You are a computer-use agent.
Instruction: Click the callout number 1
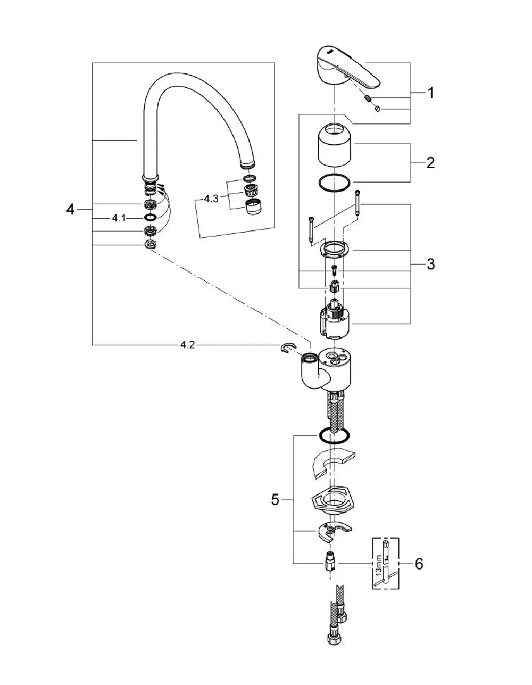point(430,93)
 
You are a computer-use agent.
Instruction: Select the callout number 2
point(430,163)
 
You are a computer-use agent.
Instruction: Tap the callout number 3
point(430,264)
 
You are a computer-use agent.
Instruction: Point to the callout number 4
point(70,209)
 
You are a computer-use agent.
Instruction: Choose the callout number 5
point(275,499)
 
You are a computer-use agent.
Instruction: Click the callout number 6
point(419,564)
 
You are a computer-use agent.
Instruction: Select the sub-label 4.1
point(119,218)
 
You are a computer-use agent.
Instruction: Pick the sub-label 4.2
point(187,345)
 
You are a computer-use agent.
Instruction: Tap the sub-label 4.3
point(211,199)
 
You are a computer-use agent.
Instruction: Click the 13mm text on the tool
point(379,565)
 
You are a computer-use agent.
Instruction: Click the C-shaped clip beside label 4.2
point(288,348)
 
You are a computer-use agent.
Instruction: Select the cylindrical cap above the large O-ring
point(335,145)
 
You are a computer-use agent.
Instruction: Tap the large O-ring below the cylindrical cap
point(334,182)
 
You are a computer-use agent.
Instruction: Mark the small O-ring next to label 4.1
point(150,218)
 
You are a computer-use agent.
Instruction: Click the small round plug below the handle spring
point(377,109)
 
